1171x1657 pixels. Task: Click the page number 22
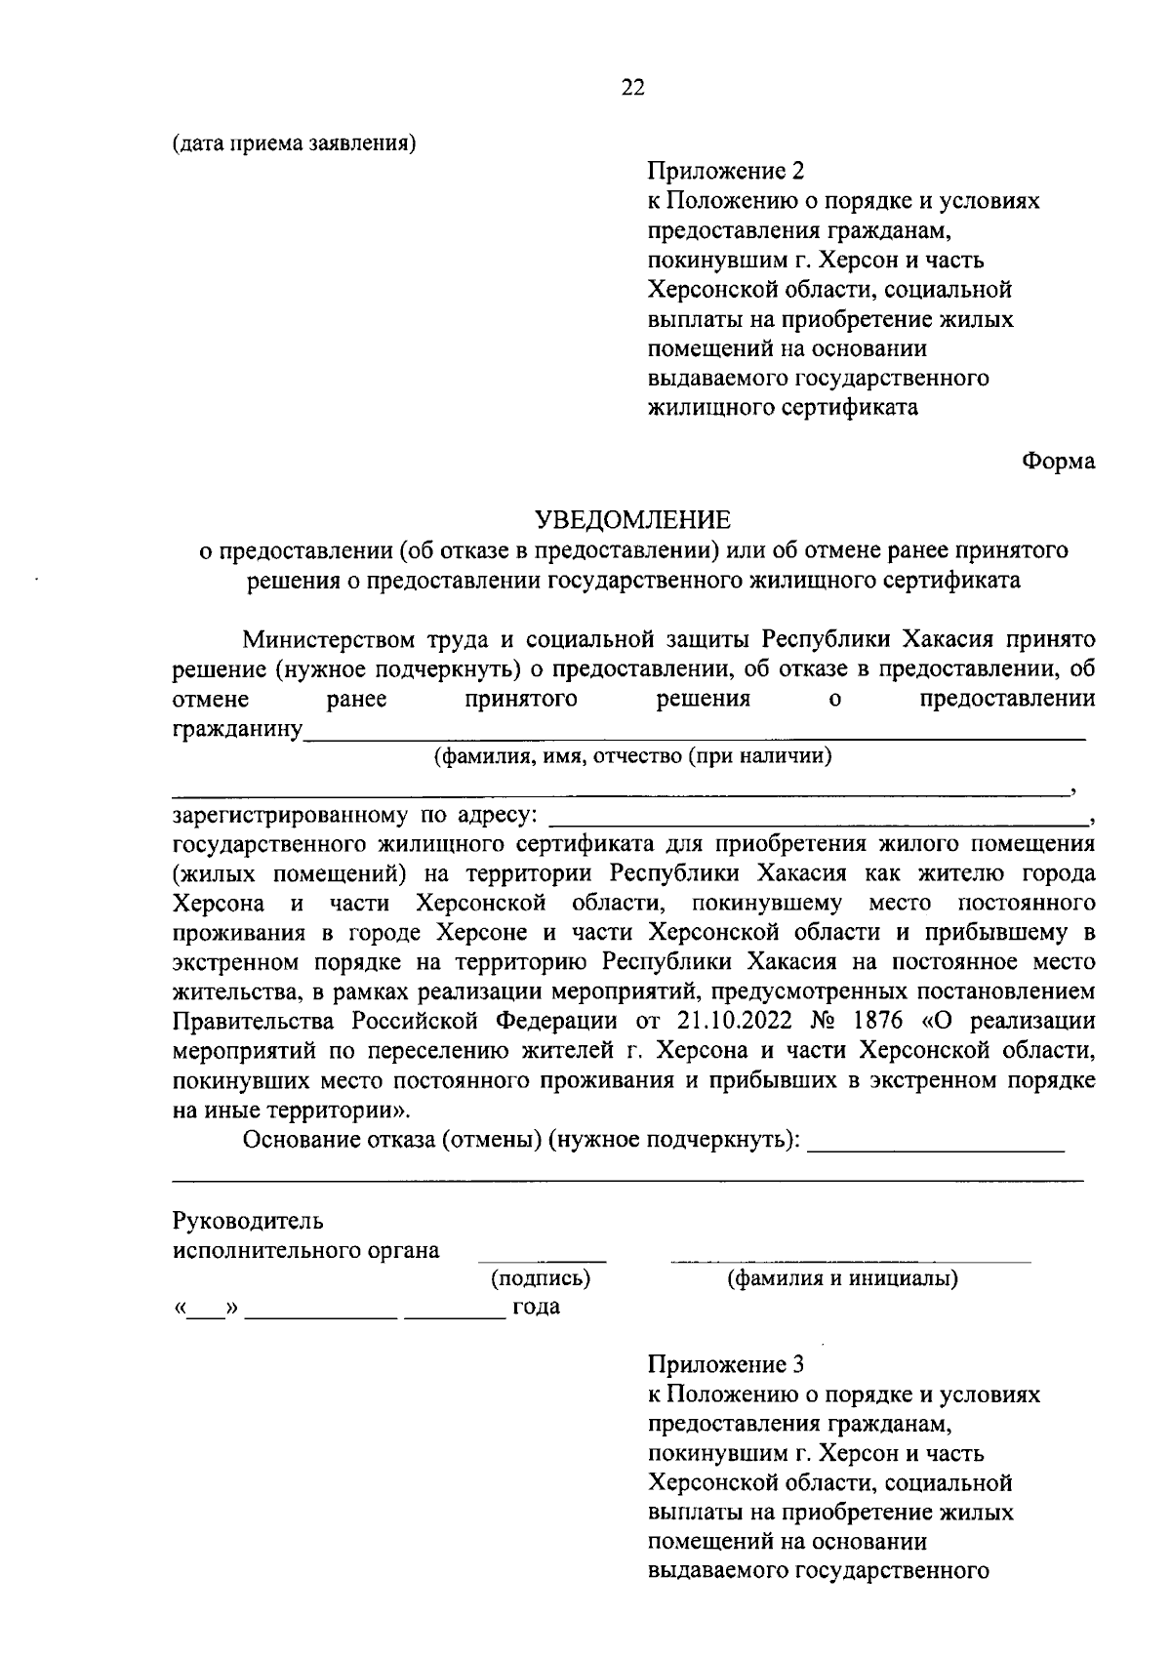[632, 88]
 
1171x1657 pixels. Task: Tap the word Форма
[1059, 461]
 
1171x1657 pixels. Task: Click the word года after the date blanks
[537, 1307]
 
